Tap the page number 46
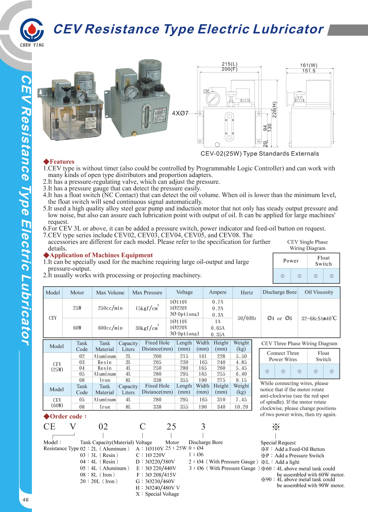[x=25, y=499]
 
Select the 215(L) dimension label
[x=229, y=64]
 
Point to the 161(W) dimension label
[x=308, y=65]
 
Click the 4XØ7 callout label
[x=180, y=113]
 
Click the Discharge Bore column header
[x=280, y=292]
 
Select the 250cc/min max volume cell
[x=110, y=308]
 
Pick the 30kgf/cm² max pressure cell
[x=147, y=328]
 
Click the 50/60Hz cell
[x=247, y=318]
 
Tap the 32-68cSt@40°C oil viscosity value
[x=319, y=318]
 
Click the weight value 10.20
[x=241, y=407]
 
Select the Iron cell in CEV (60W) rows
[x=105, y=407]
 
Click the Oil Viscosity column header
[x=319, y=292]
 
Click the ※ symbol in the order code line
[x=276, y=427]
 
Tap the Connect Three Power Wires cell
[x=283, y=356]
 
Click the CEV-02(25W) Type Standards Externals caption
[x=260, y=154]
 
